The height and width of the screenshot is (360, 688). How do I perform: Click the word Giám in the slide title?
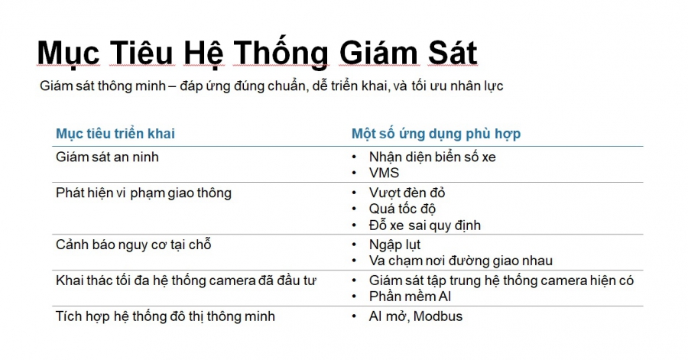[375, 54]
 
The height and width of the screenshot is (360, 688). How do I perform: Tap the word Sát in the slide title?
[450, 54]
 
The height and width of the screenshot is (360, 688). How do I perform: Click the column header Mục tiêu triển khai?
[115, 134]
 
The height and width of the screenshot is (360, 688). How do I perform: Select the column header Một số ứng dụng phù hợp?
[436, 134]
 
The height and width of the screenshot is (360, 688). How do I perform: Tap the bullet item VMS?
[384, 173]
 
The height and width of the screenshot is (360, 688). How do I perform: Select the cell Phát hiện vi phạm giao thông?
[144, 193]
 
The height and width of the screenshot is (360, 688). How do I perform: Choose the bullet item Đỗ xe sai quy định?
[424, 225]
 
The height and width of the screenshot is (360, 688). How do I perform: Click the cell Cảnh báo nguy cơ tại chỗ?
[134, 245]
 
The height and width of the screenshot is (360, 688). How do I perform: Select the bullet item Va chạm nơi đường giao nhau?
[460, 261]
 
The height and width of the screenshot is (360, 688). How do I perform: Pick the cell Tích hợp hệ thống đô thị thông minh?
[166, 316]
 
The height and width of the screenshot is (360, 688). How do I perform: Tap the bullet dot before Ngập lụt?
[354, 245]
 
